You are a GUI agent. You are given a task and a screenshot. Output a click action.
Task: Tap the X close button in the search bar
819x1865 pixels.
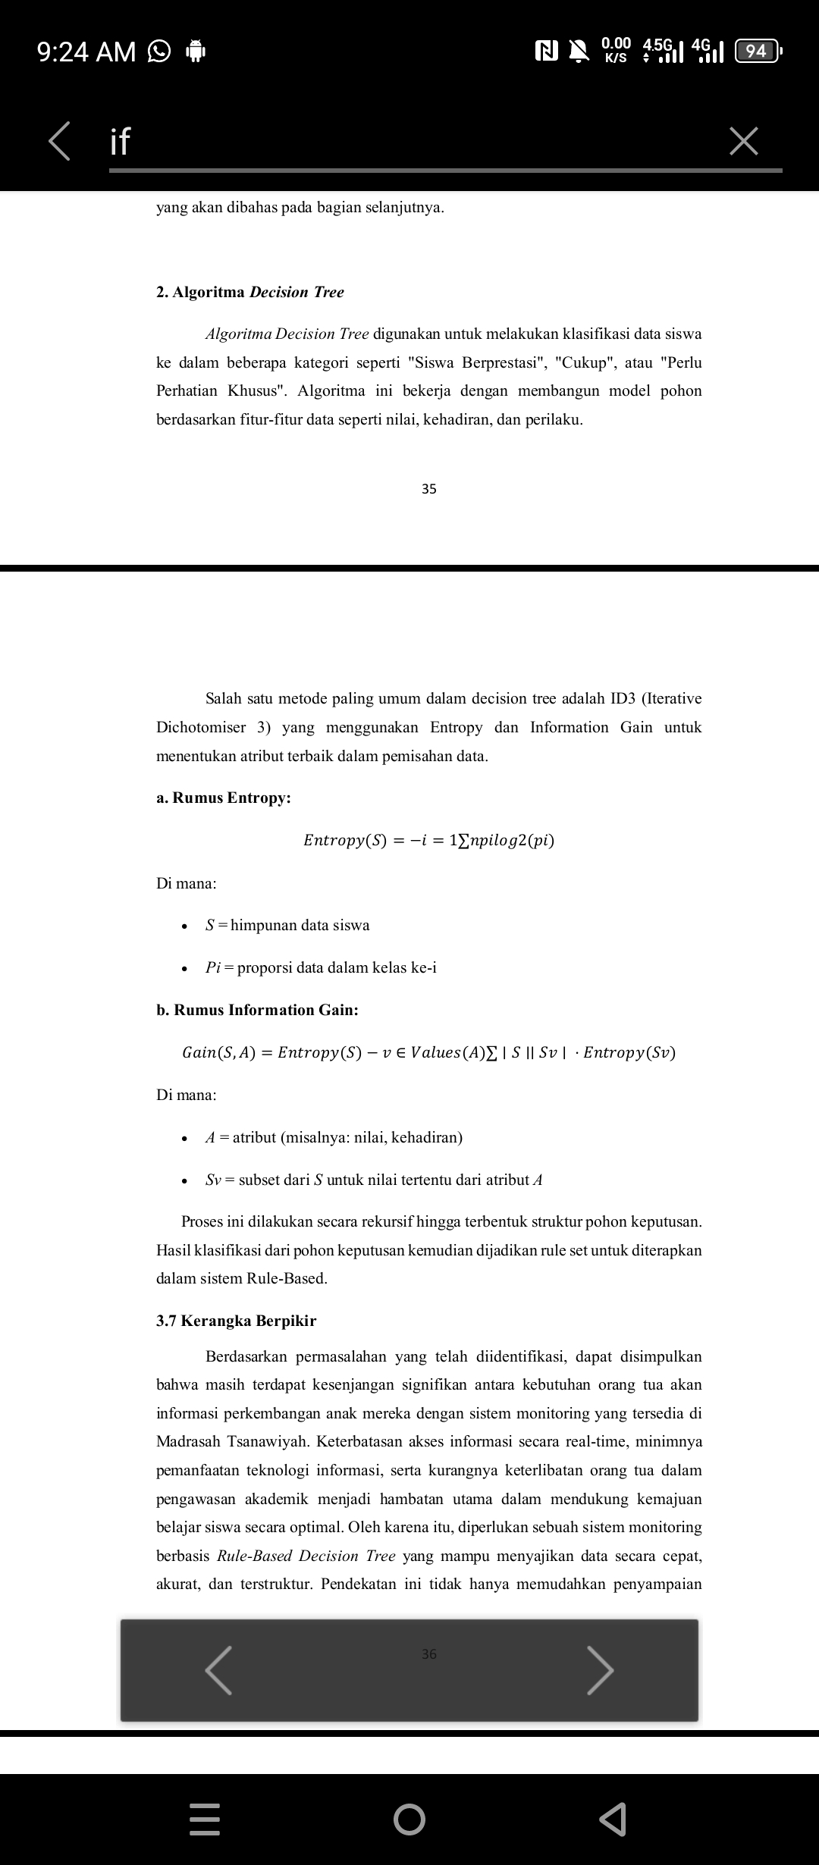point(743,141)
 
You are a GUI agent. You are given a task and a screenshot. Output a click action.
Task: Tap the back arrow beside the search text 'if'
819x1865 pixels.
point(59,141)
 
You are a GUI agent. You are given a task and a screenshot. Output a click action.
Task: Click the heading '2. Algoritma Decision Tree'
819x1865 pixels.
point(250,292)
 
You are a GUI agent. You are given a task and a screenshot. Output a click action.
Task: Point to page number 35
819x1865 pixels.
point(429,489)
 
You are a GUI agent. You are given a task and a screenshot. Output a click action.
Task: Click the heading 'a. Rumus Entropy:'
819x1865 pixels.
point(224,798)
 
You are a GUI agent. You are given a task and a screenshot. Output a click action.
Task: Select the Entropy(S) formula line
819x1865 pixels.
point(428,840)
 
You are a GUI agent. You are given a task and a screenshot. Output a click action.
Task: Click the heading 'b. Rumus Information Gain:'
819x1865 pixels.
point(258,1010)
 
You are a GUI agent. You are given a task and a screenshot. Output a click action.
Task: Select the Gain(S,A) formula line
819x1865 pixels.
point(428,1052)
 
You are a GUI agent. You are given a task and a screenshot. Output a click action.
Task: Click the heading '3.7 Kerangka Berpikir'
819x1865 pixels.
point(237,1321)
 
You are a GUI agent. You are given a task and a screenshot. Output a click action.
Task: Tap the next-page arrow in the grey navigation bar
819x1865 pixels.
point(600,1669)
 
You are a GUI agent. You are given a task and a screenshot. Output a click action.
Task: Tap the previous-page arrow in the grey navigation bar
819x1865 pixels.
point(218,1669)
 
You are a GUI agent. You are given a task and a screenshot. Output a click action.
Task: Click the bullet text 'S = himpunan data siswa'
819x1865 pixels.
point(287,925)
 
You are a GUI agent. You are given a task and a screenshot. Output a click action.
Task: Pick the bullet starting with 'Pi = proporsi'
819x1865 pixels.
point(321,967)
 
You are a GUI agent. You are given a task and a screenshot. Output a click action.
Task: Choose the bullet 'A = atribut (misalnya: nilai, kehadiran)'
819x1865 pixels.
point(334,1137)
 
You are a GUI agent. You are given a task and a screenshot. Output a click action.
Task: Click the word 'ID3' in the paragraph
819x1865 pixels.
point(623,698)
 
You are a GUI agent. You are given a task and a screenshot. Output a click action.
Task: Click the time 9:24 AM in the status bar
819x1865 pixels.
point(86,52)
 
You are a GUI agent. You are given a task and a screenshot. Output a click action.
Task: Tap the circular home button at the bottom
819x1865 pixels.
point(409,1819)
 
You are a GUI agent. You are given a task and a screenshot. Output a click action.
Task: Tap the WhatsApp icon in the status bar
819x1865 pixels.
point(158,52)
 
